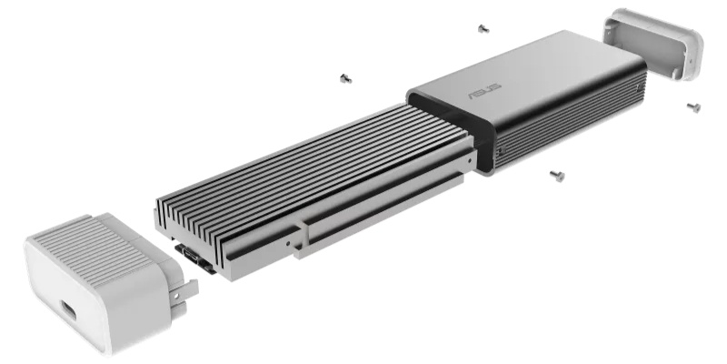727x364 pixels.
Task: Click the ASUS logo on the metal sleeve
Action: [484, 92]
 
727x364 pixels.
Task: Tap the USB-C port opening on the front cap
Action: [68, 310]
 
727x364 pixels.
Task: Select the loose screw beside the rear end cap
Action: [693, 107]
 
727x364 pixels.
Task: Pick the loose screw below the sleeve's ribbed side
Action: [557, 176]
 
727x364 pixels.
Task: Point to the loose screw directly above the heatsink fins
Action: [345, 78]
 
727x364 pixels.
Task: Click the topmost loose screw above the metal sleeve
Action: [483, 29]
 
